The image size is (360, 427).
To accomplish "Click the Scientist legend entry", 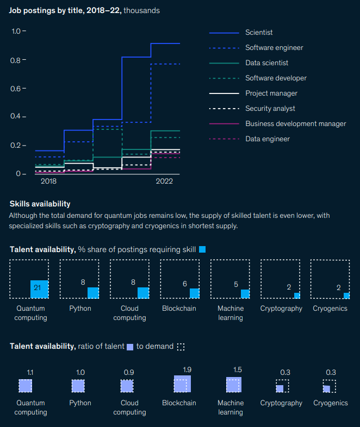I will pyautogui.click(x=259, y=33).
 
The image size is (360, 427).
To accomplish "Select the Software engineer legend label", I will pyautogui.click(x=274, y=48).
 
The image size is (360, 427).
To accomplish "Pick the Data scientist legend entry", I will pyautogui.click(x=266, y=63).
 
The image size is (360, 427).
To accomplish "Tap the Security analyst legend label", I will pyautogui.click(x=270, y=109).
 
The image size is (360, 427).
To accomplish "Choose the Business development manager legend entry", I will pyautogui.click(x=295, y=124).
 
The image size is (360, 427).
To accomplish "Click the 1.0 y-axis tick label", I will pyautogui.click(x=18, y=32).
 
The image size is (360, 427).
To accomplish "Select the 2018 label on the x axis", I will pyautogui.click(x=48, y=181).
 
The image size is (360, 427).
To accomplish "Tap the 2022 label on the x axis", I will pyautogui.click(x=164, y=181).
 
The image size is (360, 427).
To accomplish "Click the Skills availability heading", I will pyautogui.click(x=40, y=204).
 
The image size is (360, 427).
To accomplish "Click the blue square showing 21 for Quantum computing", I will pyautogui.click(x=39, y=288).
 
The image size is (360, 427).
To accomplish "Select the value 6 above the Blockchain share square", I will pyautogui.click(x=184, y=283).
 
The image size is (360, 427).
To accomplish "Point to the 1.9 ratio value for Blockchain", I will pyautogui.click(x=187, y=369).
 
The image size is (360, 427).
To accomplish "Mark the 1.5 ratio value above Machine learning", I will pyautogui.click(x=238, y=369).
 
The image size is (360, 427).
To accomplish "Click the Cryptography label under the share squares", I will pyautogui.click(x=281, y=309).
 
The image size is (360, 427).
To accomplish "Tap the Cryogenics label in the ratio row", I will pyautogui.click(x=330, y=403).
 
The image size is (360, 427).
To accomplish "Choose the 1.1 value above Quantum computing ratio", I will pyautogui.click(x=30, y=372).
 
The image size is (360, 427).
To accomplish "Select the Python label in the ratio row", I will pyautogui.click(x=80, y=403).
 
